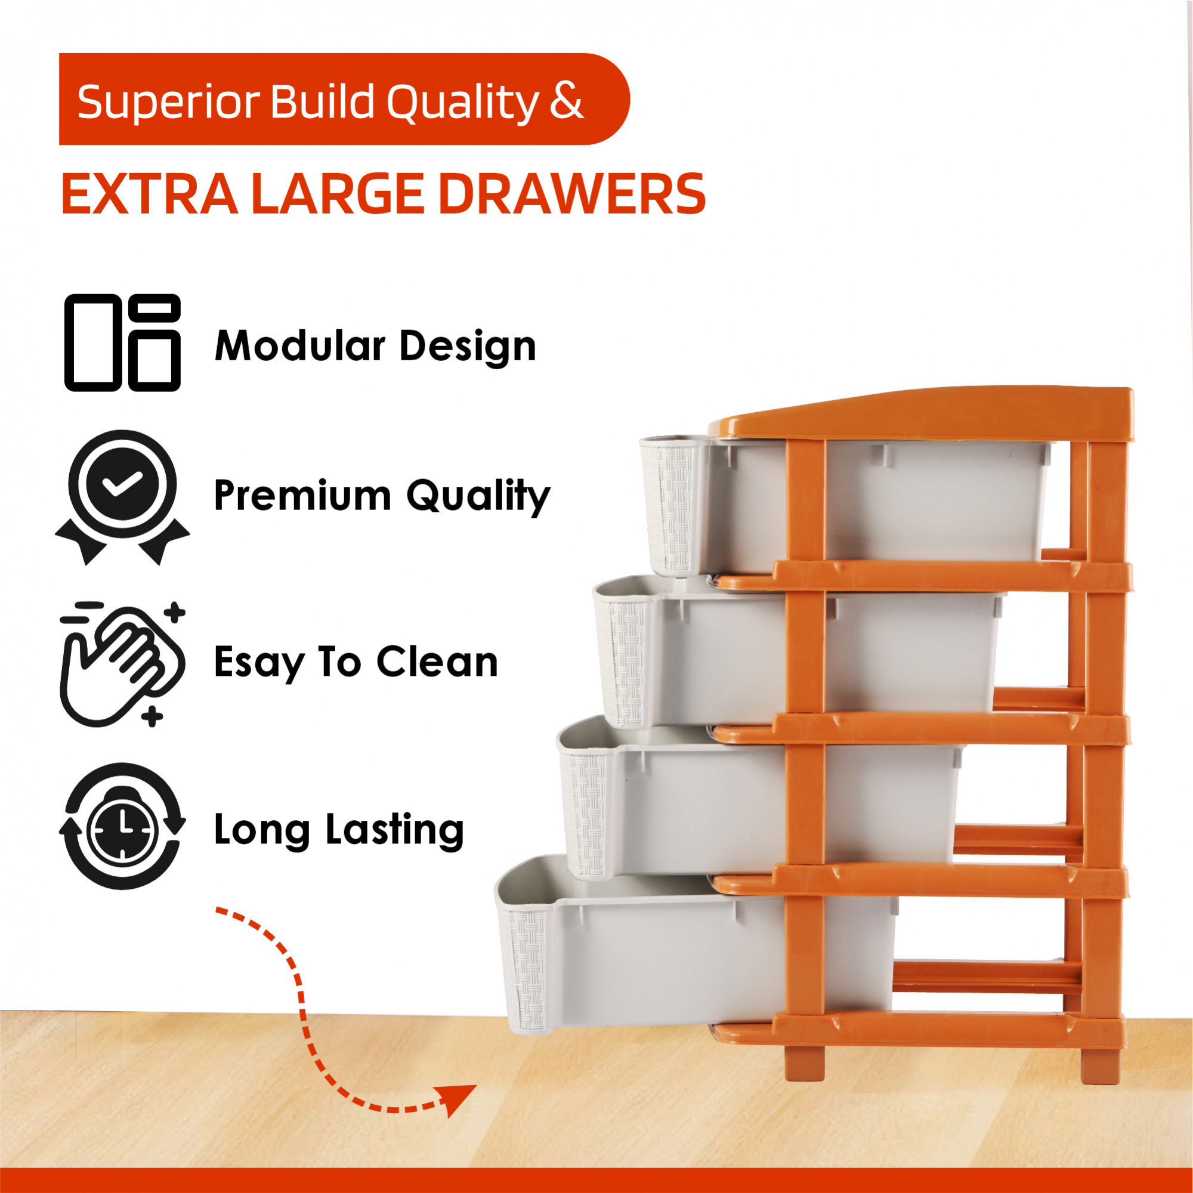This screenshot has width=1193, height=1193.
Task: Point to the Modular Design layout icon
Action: pyautogui.click(x=122, y=343)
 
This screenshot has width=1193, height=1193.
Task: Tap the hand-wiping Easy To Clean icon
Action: pyautogui.click(x=122, y=664)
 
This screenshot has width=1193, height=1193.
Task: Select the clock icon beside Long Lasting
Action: pyautogui.click(x=122, y=827)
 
